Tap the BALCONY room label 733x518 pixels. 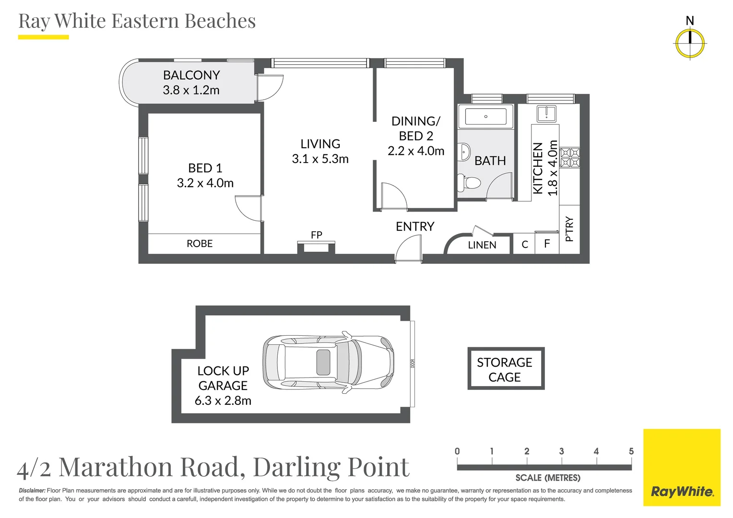click(191, 75)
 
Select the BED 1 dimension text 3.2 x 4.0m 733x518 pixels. click(205, 183)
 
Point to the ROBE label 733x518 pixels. click(200, 244)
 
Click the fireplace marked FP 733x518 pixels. click(316, 247)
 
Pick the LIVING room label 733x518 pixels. click(320, 144)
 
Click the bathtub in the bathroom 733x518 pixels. click(485, 116)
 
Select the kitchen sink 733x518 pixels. click(546, 114)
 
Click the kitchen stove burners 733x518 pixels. click(570, 158)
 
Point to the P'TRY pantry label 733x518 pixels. click(569, 229)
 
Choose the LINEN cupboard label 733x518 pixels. click(482, 245)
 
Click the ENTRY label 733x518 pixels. click(415, 226)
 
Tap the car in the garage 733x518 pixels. click(328, 362)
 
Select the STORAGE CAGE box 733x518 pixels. click(506, 368)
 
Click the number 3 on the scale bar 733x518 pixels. click(562, 451)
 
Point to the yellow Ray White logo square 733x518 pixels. click(682, 468)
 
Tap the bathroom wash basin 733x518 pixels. click(464, 152)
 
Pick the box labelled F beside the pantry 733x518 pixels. click(547, 244)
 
